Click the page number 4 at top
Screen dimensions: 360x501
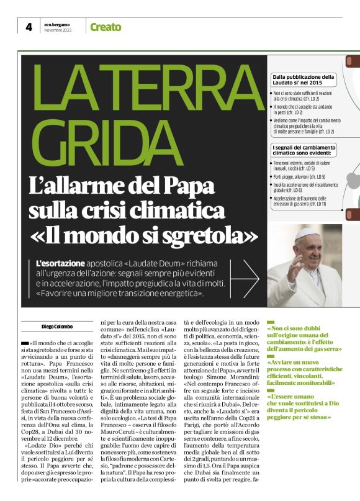[x=29, y=27]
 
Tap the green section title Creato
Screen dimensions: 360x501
[x=106, y=27]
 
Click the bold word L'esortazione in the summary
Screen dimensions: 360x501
[x=60, y=263]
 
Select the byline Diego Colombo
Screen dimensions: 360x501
[x=56, y=327]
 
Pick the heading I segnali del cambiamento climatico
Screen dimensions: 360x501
[x=304, y=149]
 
